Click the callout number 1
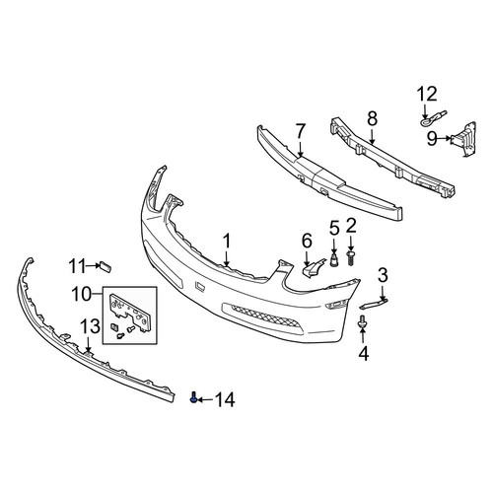(x=227, y=242)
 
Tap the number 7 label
(x=301, y=131)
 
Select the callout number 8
(x=372, y=118)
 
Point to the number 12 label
(x=427, y=94)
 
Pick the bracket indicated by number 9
(x=464, y=138)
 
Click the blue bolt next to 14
(x=194, y=398)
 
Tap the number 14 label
(x=225, y=399)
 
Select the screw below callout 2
(x=351, y=258)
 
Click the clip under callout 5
(x=334, y=259)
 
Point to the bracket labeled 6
(x=313, y=267)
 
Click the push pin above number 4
(x=363, y=322)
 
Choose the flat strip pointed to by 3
(x=374, y=303)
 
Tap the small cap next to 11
(x=106, y=266)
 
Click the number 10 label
(x=81, y=294)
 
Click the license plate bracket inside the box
(x=129, y=312)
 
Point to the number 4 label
(x=364, y=353)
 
